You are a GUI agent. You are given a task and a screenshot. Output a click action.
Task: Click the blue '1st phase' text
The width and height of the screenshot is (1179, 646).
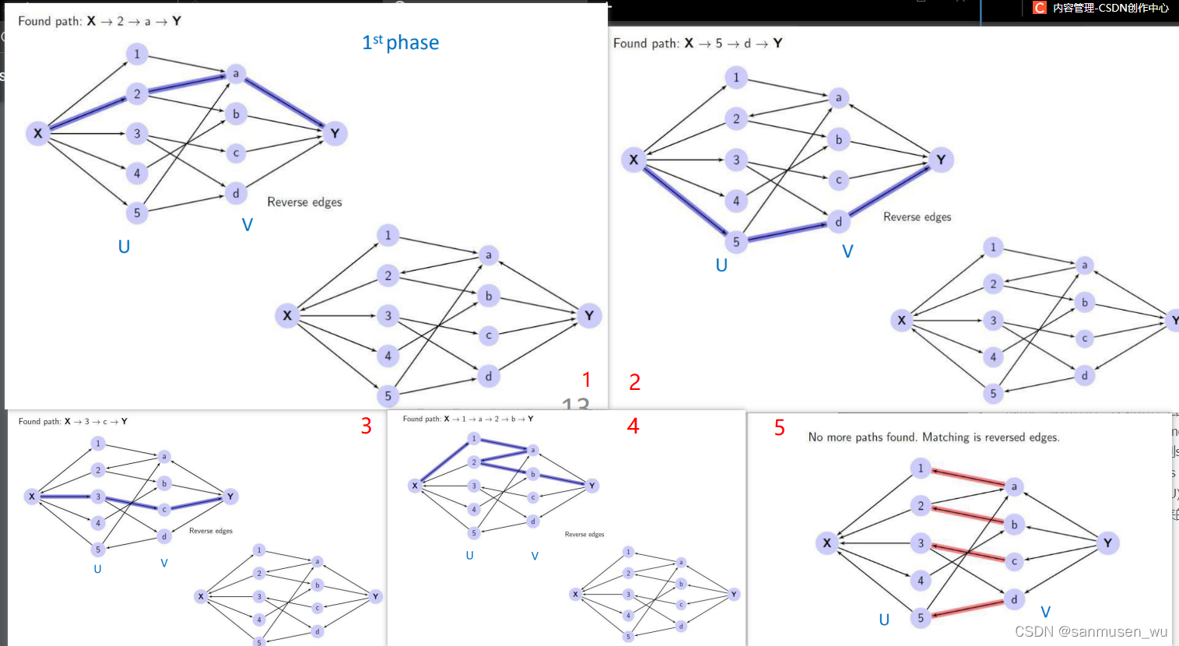400,43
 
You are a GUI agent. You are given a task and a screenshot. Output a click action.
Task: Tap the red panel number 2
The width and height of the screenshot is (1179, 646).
635,382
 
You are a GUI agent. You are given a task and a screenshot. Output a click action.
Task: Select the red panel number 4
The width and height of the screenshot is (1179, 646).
633,426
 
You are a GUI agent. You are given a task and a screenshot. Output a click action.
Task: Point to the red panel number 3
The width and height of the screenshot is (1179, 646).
366,426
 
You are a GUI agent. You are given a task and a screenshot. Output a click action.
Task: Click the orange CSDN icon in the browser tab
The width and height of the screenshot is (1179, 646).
1039,8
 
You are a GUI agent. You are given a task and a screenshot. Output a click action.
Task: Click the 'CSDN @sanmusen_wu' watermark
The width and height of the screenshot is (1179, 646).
1091,631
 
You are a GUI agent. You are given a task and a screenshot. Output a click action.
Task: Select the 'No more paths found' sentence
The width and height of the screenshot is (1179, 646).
933,437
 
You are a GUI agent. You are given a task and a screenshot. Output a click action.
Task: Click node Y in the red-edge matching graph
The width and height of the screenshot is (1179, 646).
1107,543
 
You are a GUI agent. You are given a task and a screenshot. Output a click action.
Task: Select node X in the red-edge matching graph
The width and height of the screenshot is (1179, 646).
826,543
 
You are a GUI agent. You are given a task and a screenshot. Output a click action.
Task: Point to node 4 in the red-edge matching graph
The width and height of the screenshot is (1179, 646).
921,581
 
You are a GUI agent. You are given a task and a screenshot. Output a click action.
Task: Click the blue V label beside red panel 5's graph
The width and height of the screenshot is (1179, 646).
1045,613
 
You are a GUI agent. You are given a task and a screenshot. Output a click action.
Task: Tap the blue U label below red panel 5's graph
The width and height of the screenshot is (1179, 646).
884,620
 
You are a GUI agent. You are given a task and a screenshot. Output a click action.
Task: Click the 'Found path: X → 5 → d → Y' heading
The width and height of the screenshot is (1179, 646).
697,44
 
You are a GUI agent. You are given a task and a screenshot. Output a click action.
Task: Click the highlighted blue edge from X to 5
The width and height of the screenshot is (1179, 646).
684,200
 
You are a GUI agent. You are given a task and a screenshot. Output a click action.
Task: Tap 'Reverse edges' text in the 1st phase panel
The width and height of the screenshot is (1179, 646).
304,202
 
